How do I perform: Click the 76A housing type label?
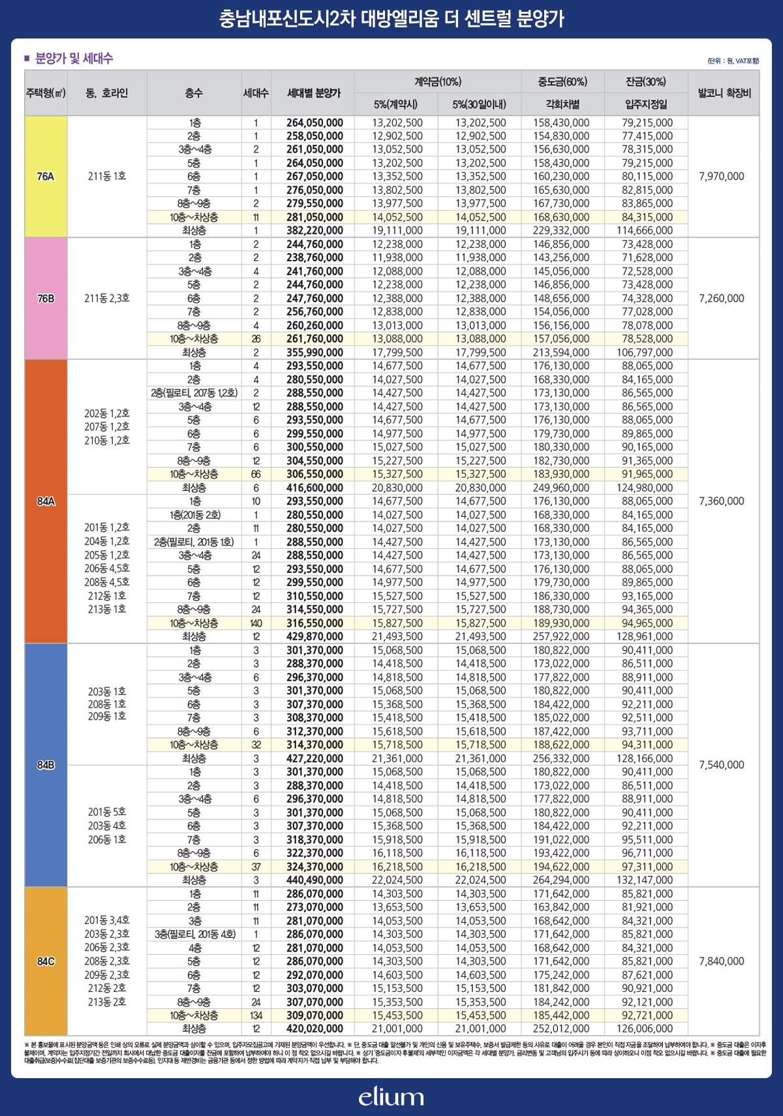tap(46, 176)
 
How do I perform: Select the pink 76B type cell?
tap(46, 298)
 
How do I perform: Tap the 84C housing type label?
tap(46, 961)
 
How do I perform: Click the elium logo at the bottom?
tap(391, 1096)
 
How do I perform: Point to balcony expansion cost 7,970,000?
tap(721, 176)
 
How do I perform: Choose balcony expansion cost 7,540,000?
tap(721, 765)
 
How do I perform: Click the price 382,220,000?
tap(315, 230)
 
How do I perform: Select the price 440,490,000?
tap(315, 880)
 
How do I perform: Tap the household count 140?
tap(256, 623)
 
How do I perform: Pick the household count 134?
tap(256, 1015)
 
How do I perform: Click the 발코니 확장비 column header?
tap(724, 93)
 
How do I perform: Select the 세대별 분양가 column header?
tap(314, 93)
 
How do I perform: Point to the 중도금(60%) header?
tap(562, 82)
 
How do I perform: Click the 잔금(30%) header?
tap(645, 82)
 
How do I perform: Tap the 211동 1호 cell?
tap(107, 176)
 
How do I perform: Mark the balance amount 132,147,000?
tap(645, 880)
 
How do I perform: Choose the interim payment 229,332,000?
tap(561, 230)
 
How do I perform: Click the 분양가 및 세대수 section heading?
tap(74, 59)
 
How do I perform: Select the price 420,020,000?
tap(315, 1029)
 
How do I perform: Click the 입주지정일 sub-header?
tap(645, 104)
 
